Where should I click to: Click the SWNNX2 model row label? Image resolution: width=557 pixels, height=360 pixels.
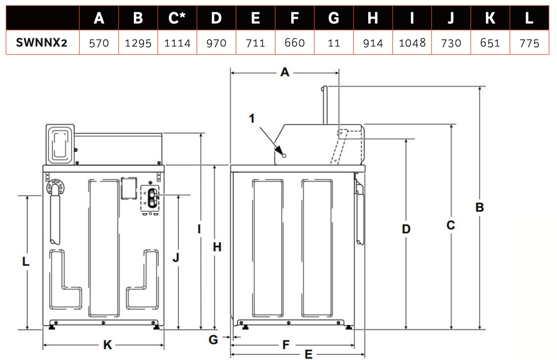pyautogui.click(x=41, y=43)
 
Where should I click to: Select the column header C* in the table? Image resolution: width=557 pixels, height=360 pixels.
pyautogui.click(x=177, y=18)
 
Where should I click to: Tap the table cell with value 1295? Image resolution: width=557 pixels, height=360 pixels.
pyautogui.click(x=138, y=43)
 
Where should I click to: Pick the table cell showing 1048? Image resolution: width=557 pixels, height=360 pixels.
pyautogui.click(x=412, y=43)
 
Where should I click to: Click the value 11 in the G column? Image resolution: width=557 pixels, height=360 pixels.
pyautogui.click(x=333, y=43)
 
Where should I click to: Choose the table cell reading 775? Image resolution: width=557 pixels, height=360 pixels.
pyautogui.click(x=529, y=43)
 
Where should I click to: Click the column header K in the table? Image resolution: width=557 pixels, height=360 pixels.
pyautogui.click(x=490, y=18)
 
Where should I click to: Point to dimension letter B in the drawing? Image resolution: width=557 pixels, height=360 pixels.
pyautogui.click(x=480, y=207)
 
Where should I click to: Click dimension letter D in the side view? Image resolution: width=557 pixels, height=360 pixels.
pyautogui.click(x=406, y=229)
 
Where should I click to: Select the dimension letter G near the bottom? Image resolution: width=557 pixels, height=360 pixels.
pyautogui.click(x=213, y=339)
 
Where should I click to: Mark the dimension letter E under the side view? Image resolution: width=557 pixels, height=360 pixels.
pyautogui.click(x=308, y=354)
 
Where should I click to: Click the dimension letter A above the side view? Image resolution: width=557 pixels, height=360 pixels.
pyautogui.click(x=284, y=73)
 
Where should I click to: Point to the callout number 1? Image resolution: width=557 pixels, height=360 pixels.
pyautogui.click(x=252, y=118)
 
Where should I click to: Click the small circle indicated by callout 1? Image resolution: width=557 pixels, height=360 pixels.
pyautogui.click(x=283, y=154)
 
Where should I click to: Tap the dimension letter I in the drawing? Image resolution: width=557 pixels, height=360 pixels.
pyautogui.click(x=200, y=229)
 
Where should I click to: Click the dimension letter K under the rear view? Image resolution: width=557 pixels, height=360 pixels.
pyautogui.click(x=107, y=345)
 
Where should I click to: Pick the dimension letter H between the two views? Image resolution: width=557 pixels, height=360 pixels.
pyautogui.click(x=217, y=247)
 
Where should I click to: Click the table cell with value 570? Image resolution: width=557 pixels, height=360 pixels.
pyautogui.click(x=99, y=43)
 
